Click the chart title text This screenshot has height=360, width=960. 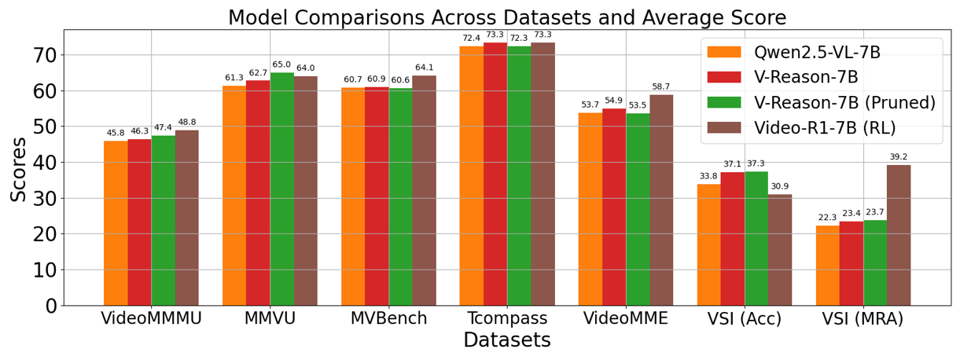[506, 17]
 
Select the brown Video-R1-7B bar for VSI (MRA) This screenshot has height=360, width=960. [899, 235]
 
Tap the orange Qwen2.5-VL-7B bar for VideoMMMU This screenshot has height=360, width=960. [116, 223]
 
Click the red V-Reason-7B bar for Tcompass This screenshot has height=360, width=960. [495, 174]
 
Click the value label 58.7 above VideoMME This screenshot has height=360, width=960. [661, 86]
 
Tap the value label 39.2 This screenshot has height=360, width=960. [899, 156]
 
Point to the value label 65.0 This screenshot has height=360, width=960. [281, 64]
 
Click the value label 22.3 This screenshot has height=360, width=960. [827, 218]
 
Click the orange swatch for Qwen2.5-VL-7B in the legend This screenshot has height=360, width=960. [723, 53]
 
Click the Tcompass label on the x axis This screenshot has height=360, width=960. [506, 318]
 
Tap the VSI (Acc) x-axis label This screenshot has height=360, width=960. [744, 318]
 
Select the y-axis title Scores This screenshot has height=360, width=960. [19, 169]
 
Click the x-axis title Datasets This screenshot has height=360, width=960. [506, 340]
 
